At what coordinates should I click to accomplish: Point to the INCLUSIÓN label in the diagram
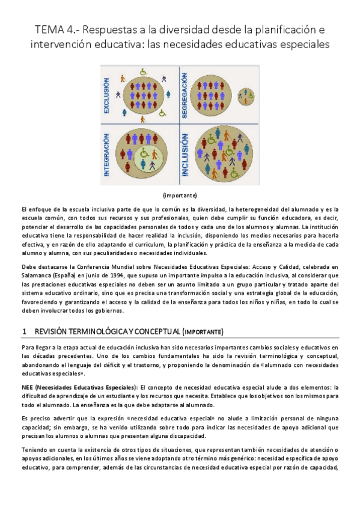point(186,155)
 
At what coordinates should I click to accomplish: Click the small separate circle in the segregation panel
point(245,94)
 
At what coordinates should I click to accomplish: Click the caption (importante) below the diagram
point(180,195)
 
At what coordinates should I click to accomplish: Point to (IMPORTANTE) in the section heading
point(203,331)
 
